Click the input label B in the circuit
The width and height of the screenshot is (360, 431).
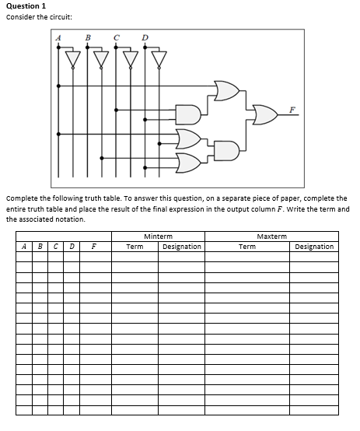87,37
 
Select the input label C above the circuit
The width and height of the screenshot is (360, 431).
116,37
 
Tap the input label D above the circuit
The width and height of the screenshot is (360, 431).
145,37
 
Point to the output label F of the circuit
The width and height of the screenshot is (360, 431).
292,110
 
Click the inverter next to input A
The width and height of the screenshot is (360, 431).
73,58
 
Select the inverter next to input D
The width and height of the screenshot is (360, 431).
159,58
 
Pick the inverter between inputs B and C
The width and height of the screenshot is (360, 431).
102,58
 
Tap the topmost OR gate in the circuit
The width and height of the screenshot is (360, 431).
225,91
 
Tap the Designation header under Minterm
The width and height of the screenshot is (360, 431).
182,247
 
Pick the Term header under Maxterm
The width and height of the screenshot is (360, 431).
247,247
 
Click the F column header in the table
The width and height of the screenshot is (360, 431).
94,247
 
